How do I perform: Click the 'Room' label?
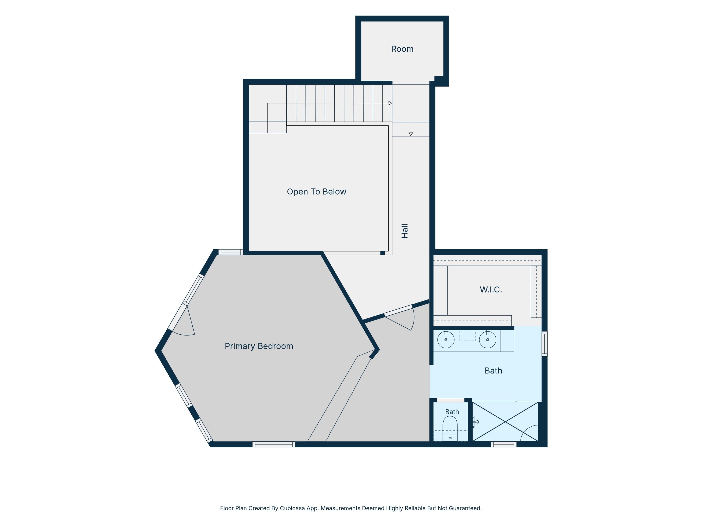coord(402,49)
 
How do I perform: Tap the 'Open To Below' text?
coord(316,191)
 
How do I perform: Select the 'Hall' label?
coord(405,231)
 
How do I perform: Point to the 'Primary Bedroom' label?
coord(259,346)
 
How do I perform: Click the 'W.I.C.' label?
coord(491,289)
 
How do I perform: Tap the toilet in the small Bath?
coord(450,428)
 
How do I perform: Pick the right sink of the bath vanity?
coord(487,339)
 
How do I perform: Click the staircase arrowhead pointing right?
coord(390,103)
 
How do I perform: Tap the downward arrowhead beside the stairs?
coord(411,134)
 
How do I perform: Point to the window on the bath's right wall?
coord(544,344)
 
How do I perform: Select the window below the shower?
coord(504,444)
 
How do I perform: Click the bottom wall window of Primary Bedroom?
coord(274,444)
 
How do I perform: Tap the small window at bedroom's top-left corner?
coord(231,252)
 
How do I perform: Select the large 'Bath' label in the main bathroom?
coord(493,371)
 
